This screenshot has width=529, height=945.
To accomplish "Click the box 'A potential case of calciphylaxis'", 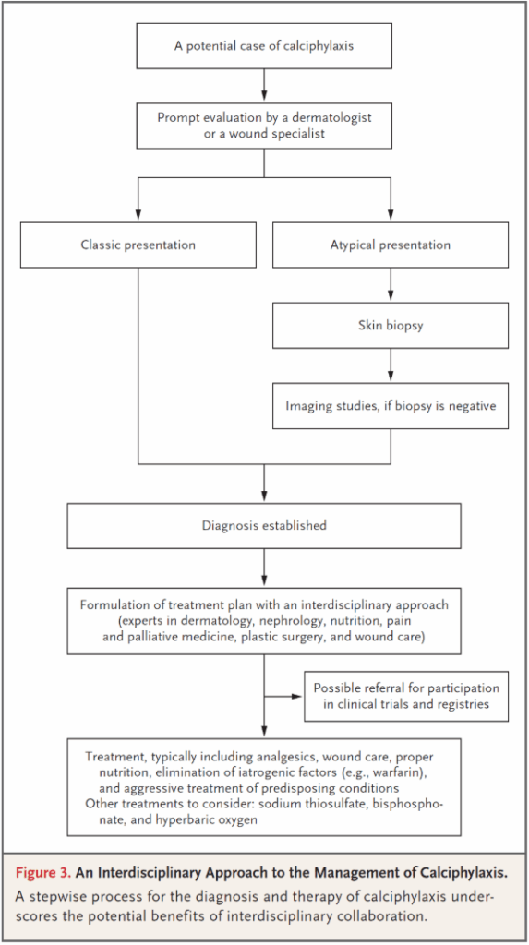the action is coord(264,46).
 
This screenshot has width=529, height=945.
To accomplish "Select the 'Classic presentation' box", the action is coord(138,245).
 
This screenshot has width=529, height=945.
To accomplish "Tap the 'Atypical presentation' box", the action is coord(391,245).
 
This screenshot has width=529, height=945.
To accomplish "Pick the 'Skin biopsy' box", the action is coord(391,326).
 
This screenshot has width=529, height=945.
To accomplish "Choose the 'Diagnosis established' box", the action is coord(264,525).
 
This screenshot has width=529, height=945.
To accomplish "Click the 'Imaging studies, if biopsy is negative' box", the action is coord(391,406).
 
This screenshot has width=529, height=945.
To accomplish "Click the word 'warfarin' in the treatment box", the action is coord(402,772).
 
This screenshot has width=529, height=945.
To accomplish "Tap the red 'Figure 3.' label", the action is coord(43,873).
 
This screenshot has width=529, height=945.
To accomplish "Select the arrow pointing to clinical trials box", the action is coord(283,696).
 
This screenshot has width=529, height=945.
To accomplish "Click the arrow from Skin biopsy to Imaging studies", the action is coord(391,365).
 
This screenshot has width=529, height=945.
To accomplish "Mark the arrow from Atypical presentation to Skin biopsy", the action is coord(391,285).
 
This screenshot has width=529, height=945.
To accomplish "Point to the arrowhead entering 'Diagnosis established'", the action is coord(264,498).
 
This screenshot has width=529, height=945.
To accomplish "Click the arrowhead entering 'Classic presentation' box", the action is coord(138,216).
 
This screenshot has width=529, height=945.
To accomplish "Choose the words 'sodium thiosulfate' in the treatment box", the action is coord(321,804).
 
